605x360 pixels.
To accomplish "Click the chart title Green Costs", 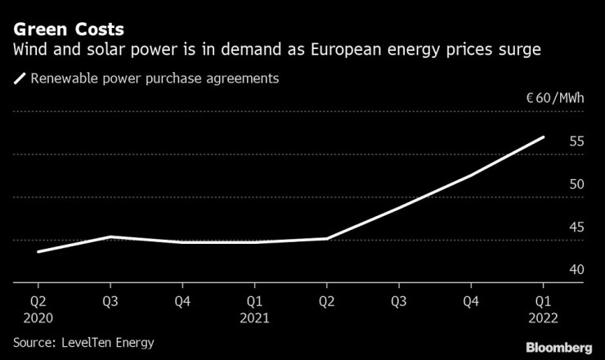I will point(69,29).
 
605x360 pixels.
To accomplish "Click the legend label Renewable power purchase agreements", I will point(155,79).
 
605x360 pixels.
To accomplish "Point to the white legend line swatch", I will point(19,79).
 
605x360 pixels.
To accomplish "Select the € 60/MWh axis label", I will point(555,100).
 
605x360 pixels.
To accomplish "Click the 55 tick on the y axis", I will point(576,142).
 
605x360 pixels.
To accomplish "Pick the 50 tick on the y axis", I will point(576,184).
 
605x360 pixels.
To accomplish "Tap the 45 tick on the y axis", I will point(576,227).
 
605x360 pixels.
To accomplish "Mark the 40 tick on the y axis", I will point(576,269).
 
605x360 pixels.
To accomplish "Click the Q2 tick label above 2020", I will point(38,299).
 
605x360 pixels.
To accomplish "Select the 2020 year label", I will point(38,317).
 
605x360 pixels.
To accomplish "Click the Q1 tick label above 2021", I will point(254,299).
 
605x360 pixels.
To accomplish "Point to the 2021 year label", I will point(254,317).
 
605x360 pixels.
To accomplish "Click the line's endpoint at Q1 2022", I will point(543,137).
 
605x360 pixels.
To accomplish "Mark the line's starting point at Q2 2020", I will point(38,251).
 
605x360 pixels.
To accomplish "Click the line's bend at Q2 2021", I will point(326,239).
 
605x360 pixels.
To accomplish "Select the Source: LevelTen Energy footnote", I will point(83,342).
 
